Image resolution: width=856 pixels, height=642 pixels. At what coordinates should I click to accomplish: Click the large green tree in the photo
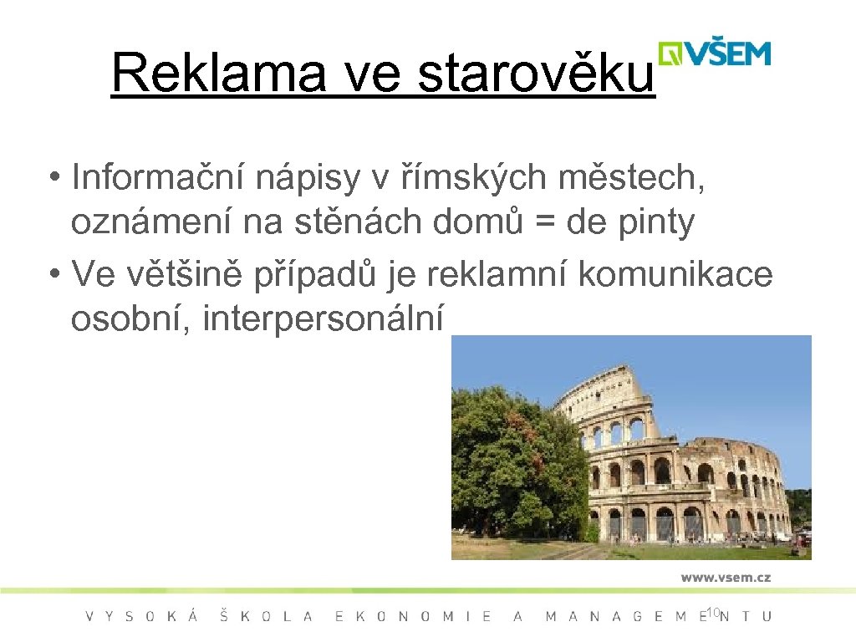point(514,460)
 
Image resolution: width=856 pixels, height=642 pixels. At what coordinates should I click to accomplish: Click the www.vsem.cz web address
point(726,577)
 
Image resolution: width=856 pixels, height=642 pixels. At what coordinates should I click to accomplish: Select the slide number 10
point(712,614)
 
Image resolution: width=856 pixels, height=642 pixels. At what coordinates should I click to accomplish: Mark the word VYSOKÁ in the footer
point(142,617)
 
